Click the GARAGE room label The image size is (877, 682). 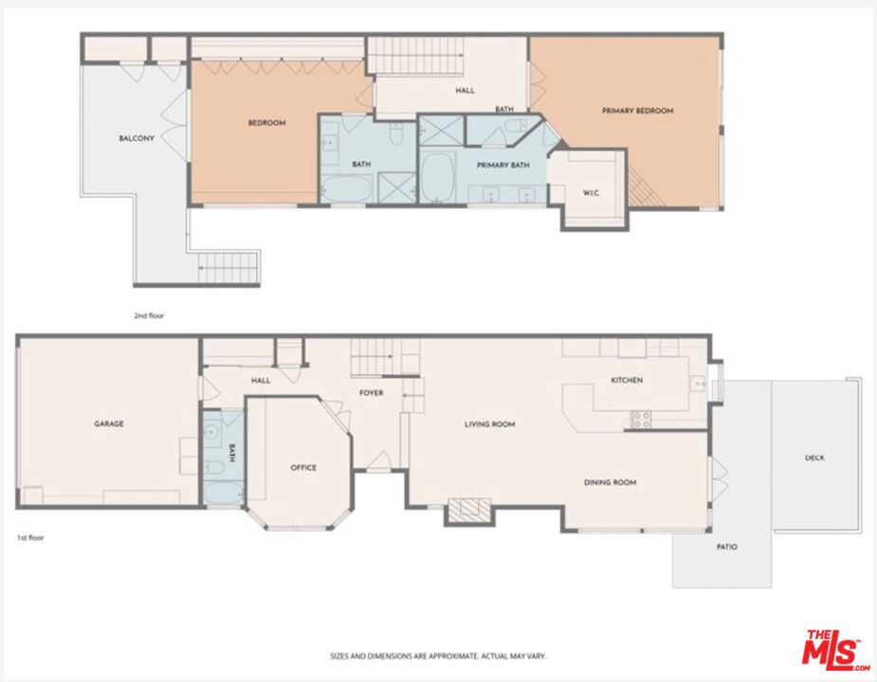[108, 423]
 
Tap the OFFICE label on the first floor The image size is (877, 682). [303, 467]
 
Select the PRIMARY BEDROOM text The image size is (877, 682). [638, 111]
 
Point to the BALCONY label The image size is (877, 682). [137, 138]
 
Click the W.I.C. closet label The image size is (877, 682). [592, 193]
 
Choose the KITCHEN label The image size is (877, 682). [627, 380]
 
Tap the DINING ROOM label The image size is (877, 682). [611, 482]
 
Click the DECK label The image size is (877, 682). [814, 458]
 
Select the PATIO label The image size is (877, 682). [726, 547]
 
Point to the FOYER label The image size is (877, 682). [371, 393]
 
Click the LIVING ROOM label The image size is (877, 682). [489, 424]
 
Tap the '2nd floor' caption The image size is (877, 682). [149, 315]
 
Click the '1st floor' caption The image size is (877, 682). [30, 538]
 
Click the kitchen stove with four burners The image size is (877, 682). [642, 420]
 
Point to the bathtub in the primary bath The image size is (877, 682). [438, 177]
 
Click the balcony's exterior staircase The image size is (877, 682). [228, 268]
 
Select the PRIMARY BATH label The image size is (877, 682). [502, 165]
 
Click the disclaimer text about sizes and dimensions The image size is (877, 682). [438, 655]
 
